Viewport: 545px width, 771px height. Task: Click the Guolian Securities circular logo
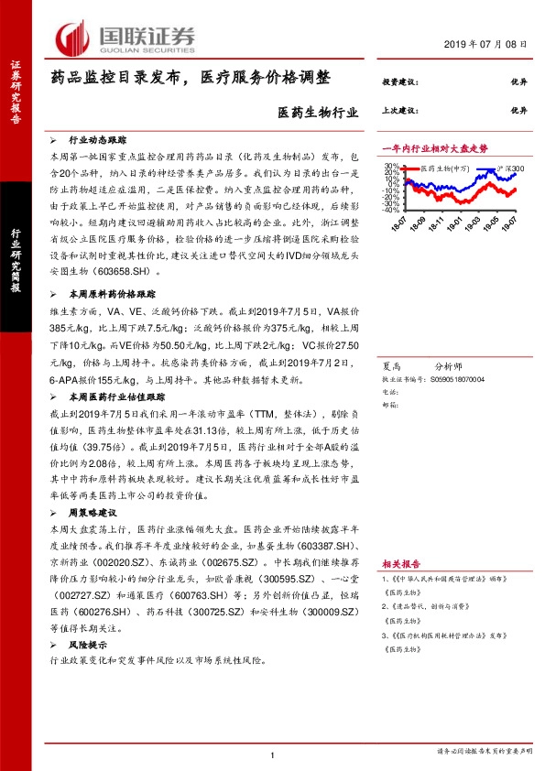(71, 36)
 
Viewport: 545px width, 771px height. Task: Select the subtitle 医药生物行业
(312, 113)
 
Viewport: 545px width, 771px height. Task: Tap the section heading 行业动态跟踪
(95, 141)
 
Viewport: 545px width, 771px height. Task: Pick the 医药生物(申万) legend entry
(445, 169)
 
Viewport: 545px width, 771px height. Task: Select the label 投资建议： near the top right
(399, 81)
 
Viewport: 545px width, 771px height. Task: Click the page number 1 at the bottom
(273, 755)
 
